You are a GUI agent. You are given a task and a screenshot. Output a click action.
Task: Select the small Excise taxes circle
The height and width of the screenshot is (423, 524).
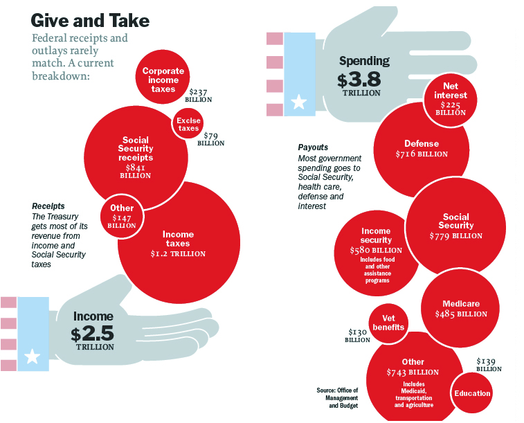tap(188, 124)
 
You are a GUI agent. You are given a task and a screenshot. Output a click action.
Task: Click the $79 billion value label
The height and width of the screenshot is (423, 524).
tap(210, 139)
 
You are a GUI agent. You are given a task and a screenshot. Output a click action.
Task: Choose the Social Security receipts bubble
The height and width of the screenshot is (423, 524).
tap(136, 156)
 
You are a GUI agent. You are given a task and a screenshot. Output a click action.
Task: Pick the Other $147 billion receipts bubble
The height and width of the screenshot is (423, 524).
tap(123, 215)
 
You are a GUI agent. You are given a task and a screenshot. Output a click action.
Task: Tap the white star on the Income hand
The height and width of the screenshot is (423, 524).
tap(31, 357)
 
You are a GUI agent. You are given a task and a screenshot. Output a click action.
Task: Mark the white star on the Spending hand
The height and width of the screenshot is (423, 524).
tap(298, 102)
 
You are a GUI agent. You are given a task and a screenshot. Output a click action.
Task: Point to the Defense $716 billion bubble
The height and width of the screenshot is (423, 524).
tap(421, 148)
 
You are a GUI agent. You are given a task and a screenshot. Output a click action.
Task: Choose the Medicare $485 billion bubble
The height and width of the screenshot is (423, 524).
tap(460, 309)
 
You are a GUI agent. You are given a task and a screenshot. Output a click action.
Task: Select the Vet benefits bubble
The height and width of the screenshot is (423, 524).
tap(388, 323)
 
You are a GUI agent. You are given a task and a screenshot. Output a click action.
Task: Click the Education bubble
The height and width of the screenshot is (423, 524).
tap(472, 393)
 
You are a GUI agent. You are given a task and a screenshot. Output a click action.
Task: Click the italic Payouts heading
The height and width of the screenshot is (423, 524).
tap(313, 147)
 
